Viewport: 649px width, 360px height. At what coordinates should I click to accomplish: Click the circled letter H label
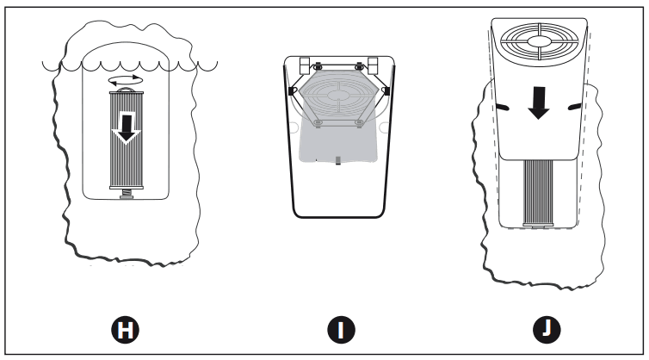point(125,330)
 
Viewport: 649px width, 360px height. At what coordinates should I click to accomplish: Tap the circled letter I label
point(341,330)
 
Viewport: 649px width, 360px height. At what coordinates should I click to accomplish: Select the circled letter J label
point(547,330)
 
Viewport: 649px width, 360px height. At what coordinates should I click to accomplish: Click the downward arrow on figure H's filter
point(127,128)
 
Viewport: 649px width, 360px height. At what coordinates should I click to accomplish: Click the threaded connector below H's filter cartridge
point(127,194)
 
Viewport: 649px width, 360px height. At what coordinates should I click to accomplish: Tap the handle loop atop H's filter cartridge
point(127,89)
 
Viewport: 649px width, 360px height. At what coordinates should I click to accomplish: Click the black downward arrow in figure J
point(539,102)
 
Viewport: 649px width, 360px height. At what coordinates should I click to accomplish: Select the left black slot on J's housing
point(502,108)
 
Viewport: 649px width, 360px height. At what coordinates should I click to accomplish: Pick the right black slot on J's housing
point(574,108)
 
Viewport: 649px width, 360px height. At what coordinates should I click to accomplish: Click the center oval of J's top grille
point(538,41)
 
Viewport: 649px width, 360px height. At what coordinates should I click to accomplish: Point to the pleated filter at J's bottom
point(538,192)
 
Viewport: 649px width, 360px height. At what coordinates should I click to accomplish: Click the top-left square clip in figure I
point(305,65)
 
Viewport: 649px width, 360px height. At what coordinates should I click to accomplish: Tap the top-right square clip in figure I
point(373,65)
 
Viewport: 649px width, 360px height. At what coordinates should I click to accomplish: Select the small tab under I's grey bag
point(338,160)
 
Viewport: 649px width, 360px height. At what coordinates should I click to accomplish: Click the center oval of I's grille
point(339,95)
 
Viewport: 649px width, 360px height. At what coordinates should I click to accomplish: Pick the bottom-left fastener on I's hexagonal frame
point(318,122)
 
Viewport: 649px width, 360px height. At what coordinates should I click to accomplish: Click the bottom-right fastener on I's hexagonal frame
point(359,122)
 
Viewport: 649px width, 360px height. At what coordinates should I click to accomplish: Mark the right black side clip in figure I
point(387,91)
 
